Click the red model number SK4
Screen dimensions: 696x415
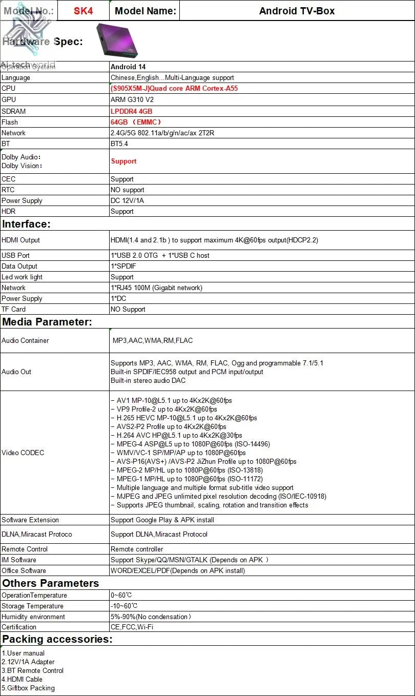click(x=83, y=11)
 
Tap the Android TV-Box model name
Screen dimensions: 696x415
click(x=297, y=11)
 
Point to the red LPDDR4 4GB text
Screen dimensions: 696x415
click(x=131, y=111)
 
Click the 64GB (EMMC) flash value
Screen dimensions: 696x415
click(x=136, y=122)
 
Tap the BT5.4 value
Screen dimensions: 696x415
click(x=119, y=144)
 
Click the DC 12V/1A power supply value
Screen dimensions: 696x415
click(x=127, y=200)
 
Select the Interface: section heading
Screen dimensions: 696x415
click(x=26, y=224)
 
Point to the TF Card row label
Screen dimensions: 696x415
click(x=13, y=309)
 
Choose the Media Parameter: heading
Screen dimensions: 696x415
click(x=47, y=322)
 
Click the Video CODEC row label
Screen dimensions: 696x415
click(x=23, y=453)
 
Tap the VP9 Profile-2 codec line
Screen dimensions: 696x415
click(x=164, y=409)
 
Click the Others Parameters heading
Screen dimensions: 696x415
click(x=50, y=583)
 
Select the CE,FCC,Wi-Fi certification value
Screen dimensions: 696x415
click(x=132, y=627)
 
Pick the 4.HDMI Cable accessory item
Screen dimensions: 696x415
click(x=22, y=679)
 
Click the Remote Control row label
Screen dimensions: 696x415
click(x=25, y=549)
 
